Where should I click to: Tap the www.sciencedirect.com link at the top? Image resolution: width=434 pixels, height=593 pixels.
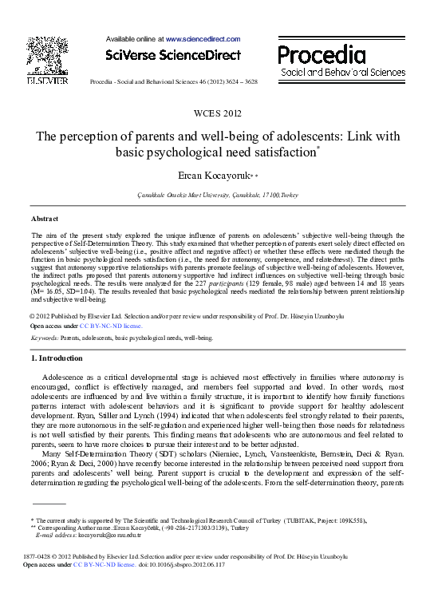point(203,38)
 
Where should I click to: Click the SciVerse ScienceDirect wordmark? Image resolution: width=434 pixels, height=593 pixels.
point(173,55)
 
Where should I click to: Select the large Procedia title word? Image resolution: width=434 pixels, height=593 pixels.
point(322,56)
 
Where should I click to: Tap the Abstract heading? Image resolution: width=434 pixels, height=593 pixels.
point(44,218)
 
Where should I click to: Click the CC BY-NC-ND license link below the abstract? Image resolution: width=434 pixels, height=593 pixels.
point(112,326)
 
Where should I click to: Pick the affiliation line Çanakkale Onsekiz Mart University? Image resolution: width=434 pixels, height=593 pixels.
point(215,195)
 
